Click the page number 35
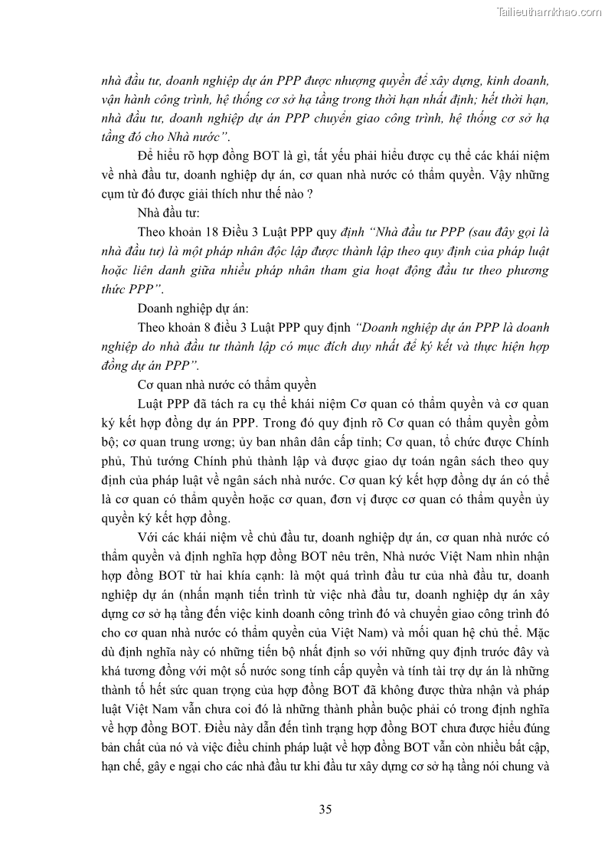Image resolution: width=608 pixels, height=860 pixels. click(325, 809)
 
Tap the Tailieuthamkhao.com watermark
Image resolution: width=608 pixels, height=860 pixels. click(549, 11)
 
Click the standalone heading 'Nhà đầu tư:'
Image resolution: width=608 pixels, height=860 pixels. click(168, 212)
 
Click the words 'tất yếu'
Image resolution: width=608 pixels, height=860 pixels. click(320, 155)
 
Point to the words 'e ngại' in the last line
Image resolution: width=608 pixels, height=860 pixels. click(220, 767)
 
